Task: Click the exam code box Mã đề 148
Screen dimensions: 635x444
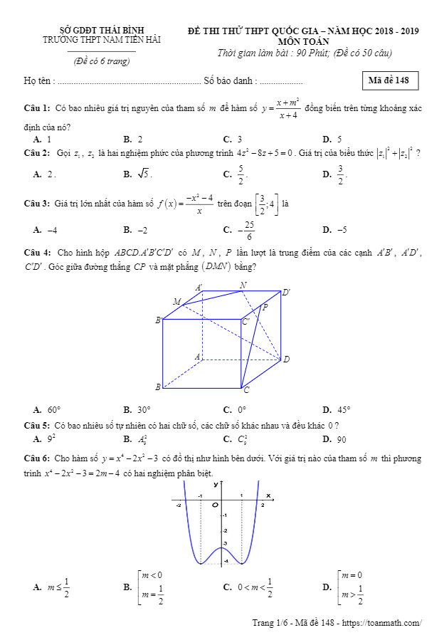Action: (x=389, y=80)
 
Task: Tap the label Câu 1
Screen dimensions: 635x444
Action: (x=36, y=107)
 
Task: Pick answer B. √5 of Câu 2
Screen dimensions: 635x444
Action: (x=138, y=174)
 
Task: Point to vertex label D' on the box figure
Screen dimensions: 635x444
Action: (x=286, y=293)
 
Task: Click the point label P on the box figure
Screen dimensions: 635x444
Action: (x=265, y=308)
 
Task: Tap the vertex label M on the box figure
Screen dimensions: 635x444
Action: (x=176, y=302)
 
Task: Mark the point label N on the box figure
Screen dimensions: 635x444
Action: (x=243, y=285)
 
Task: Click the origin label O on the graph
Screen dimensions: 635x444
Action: (x=213, y=504)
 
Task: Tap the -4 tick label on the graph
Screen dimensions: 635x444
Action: (x=226, y=562)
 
